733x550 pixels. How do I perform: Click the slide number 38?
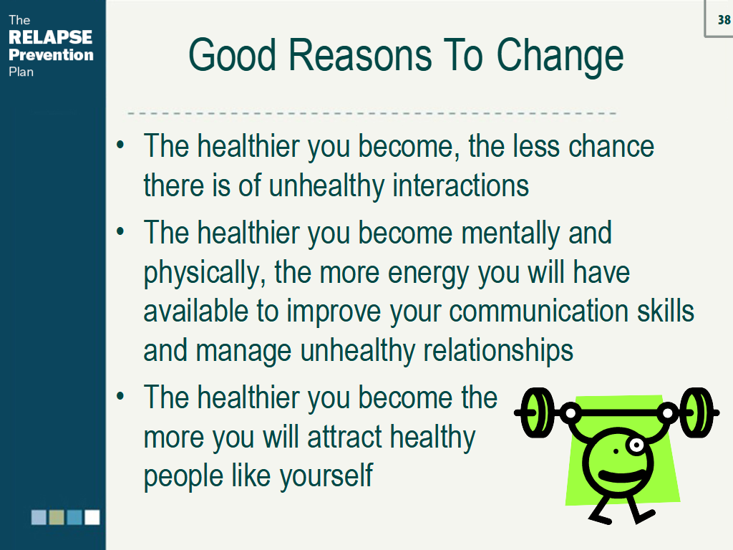click(x=724, y=19)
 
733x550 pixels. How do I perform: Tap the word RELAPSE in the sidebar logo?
click(x=51, y=37)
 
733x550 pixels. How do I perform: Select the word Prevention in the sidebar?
click(x=51, y=54)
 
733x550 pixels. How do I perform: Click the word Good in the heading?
click(x=233, y=55)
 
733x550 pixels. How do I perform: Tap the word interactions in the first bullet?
click(x=460, y=185)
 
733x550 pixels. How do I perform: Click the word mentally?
click(x=510, y=233)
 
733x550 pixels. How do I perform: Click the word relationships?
click(x=498, y=351)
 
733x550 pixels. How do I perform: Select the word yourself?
click(x=326, y=476)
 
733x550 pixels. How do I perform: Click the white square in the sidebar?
click(x=92, y=517)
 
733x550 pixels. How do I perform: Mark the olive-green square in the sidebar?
click(x=57, y=517)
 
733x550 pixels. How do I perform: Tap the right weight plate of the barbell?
click(x=696, y=412)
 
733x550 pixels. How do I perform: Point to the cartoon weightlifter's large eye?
click(x=636, y=445)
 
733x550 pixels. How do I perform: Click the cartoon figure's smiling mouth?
click(x=620, y=476)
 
